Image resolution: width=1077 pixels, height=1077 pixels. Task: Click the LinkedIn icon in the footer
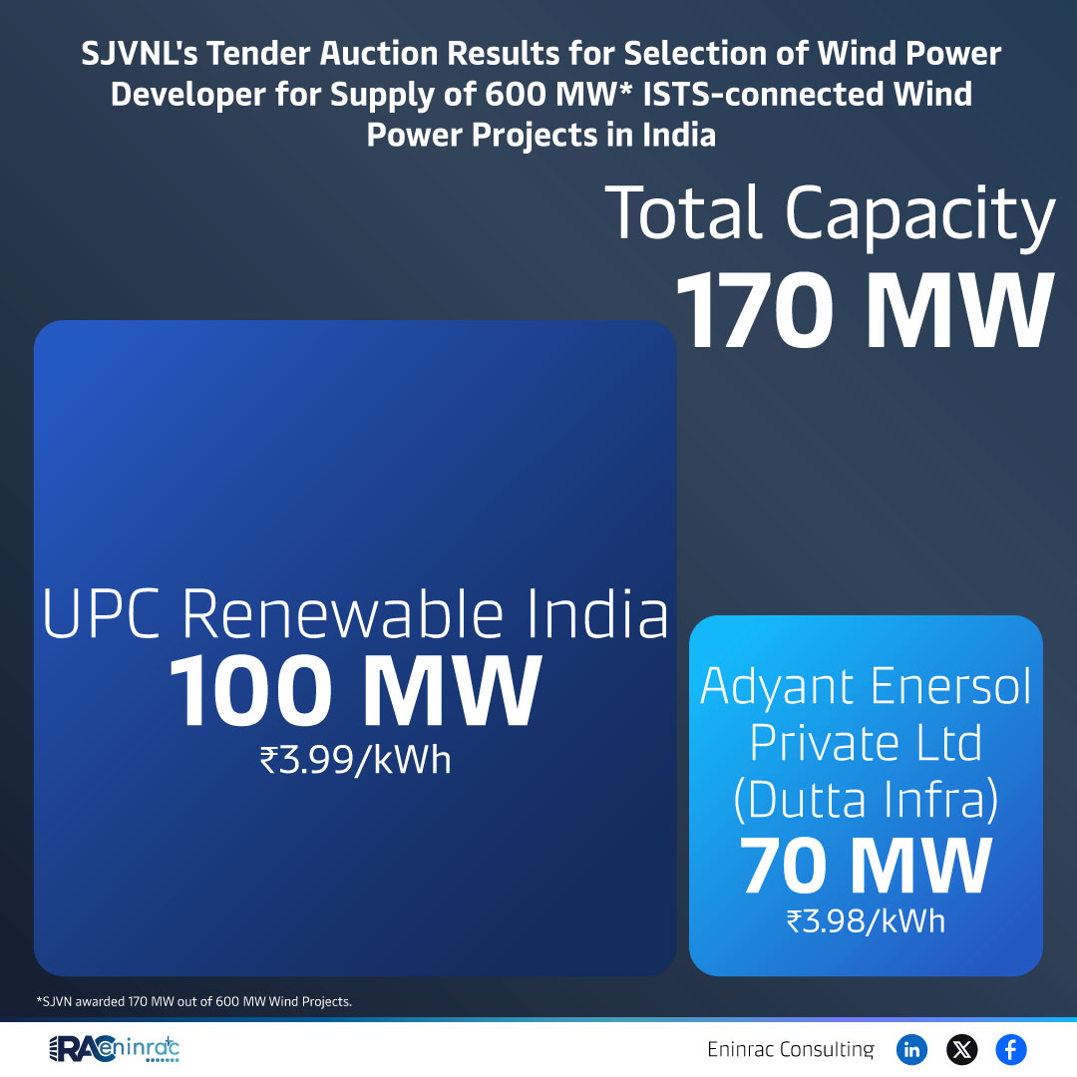click(911, 1049)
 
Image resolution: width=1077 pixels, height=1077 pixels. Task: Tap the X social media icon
click(961, 1049)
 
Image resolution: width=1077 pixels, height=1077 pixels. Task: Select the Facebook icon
click(1011, 1049)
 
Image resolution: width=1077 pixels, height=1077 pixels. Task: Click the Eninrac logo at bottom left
click(114, 1049)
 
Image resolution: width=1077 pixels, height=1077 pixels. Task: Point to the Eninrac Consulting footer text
click(791, 1049)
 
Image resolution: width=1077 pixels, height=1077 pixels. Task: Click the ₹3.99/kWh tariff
click(355, 760)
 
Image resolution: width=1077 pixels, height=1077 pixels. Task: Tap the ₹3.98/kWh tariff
click(866, 921)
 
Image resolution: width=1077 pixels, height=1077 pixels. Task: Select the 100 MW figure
click(355, 690)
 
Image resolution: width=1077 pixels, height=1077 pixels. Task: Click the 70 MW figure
click(866, 866)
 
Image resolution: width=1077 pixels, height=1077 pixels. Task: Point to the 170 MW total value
click(865, 310)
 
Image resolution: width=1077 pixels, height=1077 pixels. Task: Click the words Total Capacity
click(830, 213)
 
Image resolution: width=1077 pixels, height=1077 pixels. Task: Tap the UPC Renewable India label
click(355, 613)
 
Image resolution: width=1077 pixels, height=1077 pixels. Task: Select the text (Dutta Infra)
click(866, 800)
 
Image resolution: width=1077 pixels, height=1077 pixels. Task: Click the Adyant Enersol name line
click(866, 687)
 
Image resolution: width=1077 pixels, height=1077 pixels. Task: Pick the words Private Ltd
click(866, 743)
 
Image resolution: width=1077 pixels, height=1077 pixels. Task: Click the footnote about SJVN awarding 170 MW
click(194, 1001)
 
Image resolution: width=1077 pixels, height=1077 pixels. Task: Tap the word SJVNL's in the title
click(140, 54)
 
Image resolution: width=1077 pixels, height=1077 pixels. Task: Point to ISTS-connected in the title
click(763, 94)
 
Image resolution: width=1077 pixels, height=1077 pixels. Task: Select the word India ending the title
click(679, 135)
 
